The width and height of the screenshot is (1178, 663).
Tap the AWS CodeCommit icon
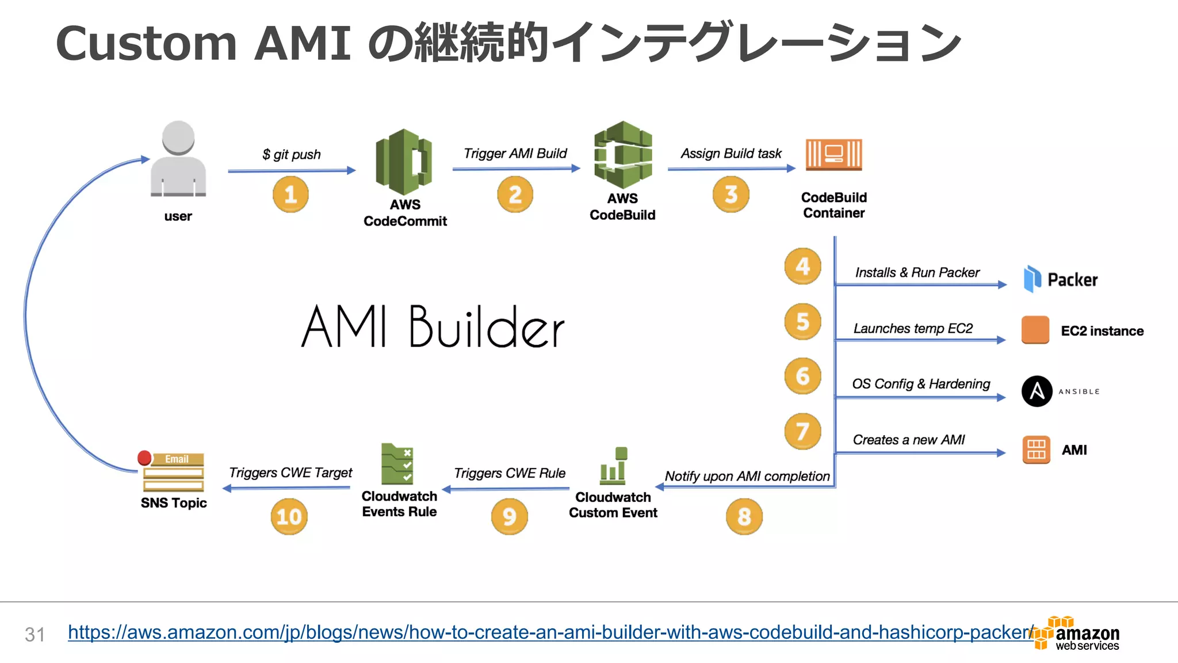point(404,162)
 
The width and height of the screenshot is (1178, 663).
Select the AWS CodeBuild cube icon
point(623,155)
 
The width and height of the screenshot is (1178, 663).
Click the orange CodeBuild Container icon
point(833,155)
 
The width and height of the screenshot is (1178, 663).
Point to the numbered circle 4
point(802,266)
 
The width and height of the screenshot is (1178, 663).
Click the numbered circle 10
point(289,516)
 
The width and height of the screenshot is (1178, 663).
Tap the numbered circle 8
point(744,516)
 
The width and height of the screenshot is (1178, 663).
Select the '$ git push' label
point(292,154)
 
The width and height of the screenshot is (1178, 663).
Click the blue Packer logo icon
point(1032,279)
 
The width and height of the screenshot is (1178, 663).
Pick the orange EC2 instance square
point(1035,330)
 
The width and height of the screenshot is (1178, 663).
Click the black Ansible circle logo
point(1037,391)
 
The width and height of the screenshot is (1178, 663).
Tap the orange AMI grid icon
point(1036,450)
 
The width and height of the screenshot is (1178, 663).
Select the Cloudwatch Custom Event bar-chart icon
point(613,466)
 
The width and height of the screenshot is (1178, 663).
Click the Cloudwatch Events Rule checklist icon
point(397,464)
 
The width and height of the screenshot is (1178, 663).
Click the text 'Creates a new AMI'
point(908,440)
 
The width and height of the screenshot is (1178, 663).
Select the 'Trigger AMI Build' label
point(515,154)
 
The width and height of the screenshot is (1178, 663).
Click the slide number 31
point(35,634)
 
